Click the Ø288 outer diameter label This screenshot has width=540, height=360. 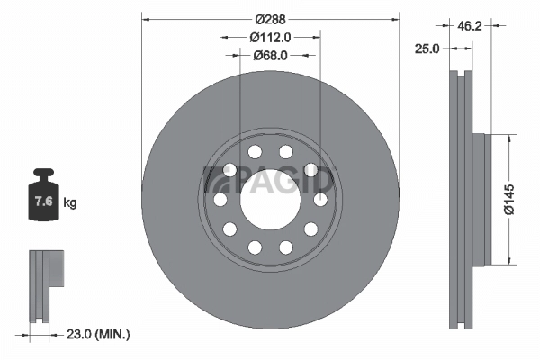point(270,19)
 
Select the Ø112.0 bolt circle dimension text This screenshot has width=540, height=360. point(270,37)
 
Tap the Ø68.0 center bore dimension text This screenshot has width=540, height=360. point(270,55)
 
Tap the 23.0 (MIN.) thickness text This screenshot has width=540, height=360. point(99,334)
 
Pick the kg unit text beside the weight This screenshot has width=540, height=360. point(70,202)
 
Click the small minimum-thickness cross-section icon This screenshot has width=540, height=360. point(47,283)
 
